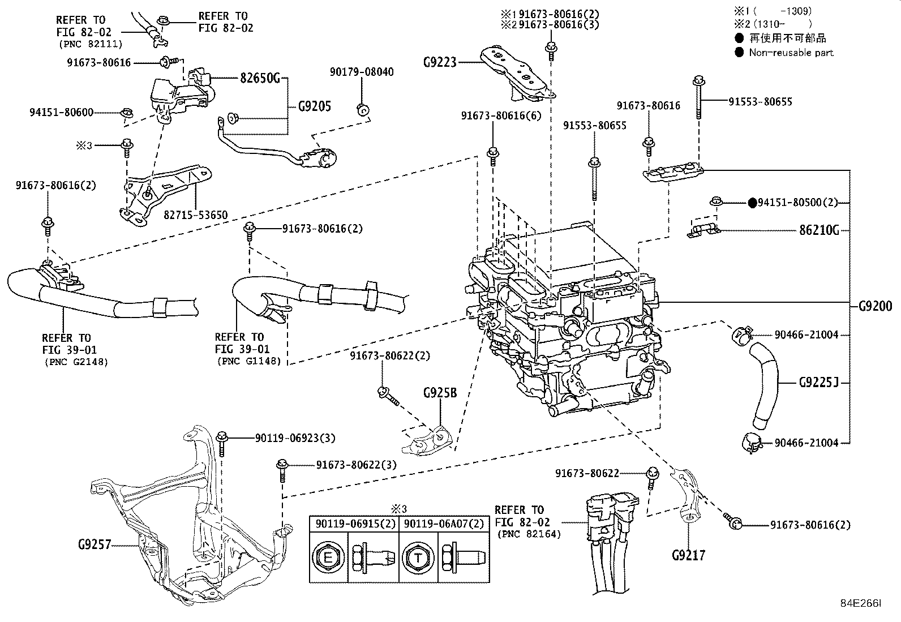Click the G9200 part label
[876, 306]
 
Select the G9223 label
[440, 62]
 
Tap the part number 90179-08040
[362, 72]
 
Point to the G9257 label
[95, 544]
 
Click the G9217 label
[689, 555]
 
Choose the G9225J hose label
[819, 382]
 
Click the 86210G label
[819, 230]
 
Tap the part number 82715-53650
[195, 215]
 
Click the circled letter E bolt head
[328, 557]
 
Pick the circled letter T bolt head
[418, 557]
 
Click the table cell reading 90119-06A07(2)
[444, 524]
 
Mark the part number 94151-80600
[62, 112]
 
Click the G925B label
[440, 393]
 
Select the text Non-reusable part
[791, 52]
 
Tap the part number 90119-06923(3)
[295, 438]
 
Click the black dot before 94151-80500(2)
[752, 203]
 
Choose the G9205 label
[315, 106]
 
